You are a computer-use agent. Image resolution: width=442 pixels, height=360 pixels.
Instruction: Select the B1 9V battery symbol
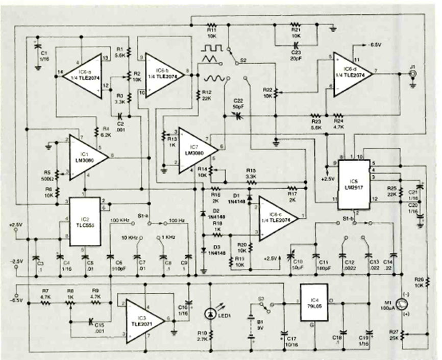[251, 327]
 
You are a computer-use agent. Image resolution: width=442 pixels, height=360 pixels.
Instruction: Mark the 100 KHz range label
[120, 219]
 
